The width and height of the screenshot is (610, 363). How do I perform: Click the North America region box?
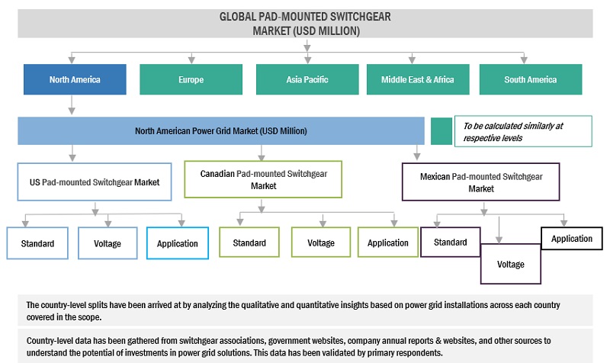75,79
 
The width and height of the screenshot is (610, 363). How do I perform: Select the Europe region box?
191,79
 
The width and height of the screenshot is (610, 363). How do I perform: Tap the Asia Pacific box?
306,79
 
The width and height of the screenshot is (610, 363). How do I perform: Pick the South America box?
530,79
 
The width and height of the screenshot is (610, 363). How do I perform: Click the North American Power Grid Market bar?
221,131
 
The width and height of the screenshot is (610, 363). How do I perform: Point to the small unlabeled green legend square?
440,131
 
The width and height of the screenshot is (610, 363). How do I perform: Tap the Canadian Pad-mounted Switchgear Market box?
263,179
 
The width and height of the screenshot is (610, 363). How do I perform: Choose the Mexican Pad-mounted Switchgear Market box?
480,181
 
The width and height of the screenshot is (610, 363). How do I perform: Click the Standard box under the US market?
37,243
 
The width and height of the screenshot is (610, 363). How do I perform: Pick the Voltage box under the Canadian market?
321,243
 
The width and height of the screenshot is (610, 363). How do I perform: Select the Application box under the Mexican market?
571,239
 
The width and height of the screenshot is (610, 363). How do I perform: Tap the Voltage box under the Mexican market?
510,264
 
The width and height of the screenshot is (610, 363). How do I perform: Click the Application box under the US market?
177,243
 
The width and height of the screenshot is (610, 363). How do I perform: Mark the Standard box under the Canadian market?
249,243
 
